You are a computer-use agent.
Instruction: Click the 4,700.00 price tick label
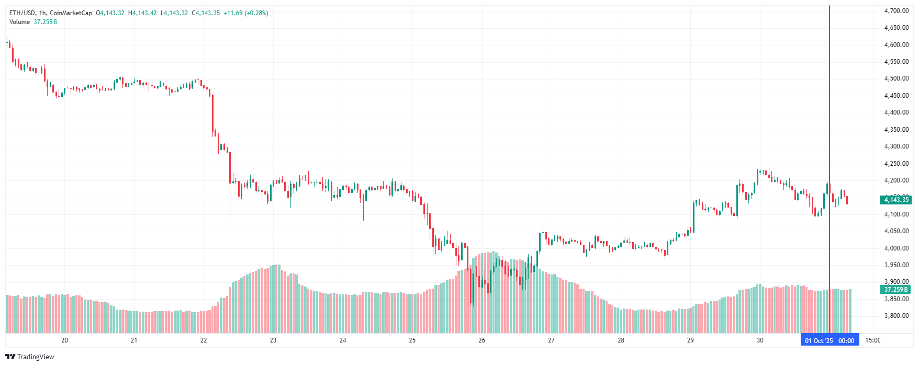pyautogui.click(x=896, y=11)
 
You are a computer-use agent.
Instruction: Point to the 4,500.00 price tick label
pyautogui.click(x=896, y=78)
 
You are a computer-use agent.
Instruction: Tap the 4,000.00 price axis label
pyautogui.click(x=896, y=248)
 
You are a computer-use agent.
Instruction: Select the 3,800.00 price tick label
pyautogui.click(x=896, y=316)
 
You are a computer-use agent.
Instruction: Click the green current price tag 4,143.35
pyautogui.click(x=896, y=200)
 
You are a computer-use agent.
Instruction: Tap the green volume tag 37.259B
pyautogui.click(x=896, y=290)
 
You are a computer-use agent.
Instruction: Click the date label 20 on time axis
pyautogui.click(x=64, y=340)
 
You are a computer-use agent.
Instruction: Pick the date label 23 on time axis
pyautogui.click(x=273, y=340)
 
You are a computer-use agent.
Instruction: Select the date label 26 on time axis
pyautogui.click(x=481, y=340)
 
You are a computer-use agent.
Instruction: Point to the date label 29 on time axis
pyautogui.click(x=690, y=340)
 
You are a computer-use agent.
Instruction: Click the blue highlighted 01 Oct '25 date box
pyautogui.click(x=830, y=341)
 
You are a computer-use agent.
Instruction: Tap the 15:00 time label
pyautogui.click(x=872, y=340)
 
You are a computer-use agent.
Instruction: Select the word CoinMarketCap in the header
pyautogui.click(x=71, y=13)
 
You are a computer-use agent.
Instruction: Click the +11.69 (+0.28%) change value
pyautogui.click(x=245, y=13)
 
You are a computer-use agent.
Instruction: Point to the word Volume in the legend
pyautogui.click(x=19, y=22)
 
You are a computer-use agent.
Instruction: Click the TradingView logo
pyautogui.click(x=30, y=357)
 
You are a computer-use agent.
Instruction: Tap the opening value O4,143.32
pyautogui.click(x=110, y=13)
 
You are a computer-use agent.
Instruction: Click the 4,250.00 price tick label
pyautogui.click(x=896, y=164)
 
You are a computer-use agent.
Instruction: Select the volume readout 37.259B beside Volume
pyautogui.click(x=46, y=22)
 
